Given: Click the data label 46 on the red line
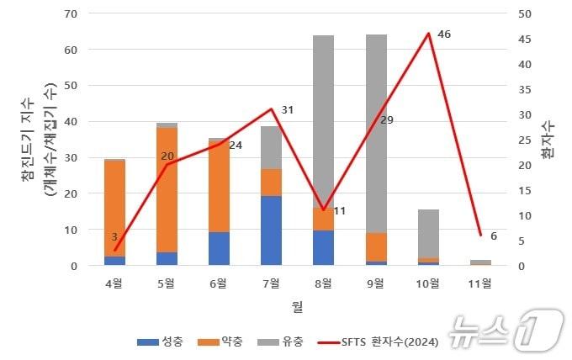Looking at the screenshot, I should [444, 34].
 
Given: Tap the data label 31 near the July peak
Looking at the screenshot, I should [288, 110].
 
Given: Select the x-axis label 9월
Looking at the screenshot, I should [376, 283].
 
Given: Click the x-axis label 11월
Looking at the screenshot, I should [480, 283].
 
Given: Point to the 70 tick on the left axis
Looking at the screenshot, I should [71, 14].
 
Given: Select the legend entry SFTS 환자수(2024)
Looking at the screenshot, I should [383, 341].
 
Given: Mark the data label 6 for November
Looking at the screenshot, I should [493, 236].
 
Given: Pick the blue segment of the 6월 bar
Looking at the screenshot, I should [220, 248].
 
